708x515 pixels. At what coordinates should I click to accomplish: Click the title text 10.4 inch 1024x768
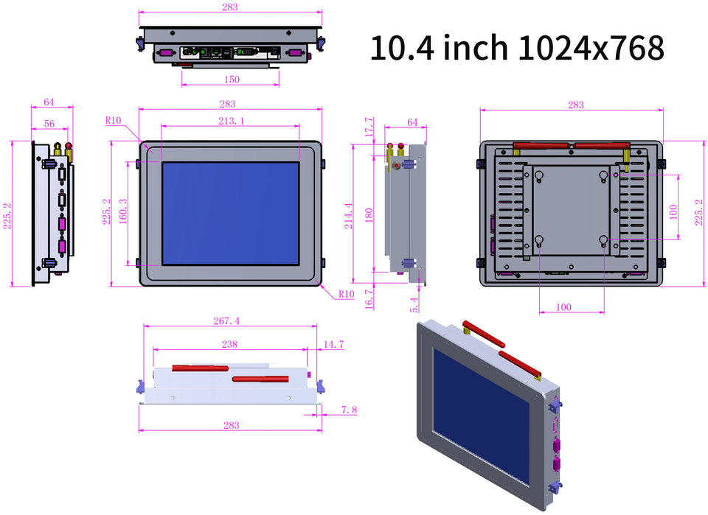pos(516,48)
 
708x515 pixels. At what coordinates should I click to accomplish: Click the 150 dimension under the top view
pos(231,79)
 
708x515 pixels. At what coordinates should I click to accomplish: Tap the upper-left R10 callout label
pos(114,120)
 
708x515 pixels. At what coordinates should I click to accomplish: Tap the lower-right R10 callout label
pos(347,294)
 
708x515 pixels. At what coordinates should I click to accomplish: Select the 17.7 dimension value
pos(369,128)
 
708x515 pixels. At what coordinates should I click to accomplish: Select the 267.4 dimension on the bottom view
pos(226,320)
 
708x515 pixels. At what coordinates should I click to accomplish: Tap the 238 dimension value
pos(229,344)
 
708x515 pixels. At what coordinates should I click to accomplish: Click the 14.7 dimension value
pos(333,344)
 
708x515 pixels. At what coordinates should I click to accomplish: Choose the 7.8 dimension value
pos(350,409)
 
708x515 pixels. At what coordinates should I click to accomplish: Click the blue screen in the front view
pos(230,213)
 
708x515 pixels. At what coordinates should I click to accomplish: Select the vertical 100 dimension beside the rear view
pos(673,211)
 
